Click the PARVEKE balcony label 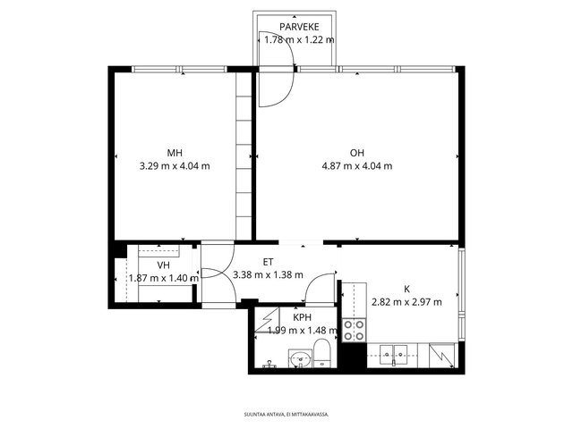point(299,27)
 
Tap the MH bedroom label point(175,153)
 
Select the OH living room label point(357,153)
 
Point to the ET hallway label point(268,262)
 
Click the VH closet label point(163,265)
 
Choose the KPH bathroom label point(303,317)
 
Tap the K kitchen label point(406,290)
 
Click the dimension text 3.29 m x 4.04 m point(175,166)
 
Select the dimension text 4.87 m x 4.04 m point(357,166)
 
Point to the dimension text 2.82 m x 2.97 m point(406,302)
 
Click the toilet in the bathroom point(322,353)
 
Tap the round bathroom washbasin point(301,359)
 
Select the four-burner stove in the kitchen point(354,330)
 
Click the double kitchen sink point(393,355)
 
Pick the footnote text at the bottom point(286,415)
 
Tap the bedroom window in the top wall point(179,69)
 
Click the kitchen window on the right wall point(462,294)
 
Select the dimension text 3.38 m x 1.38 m point(268,274)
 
